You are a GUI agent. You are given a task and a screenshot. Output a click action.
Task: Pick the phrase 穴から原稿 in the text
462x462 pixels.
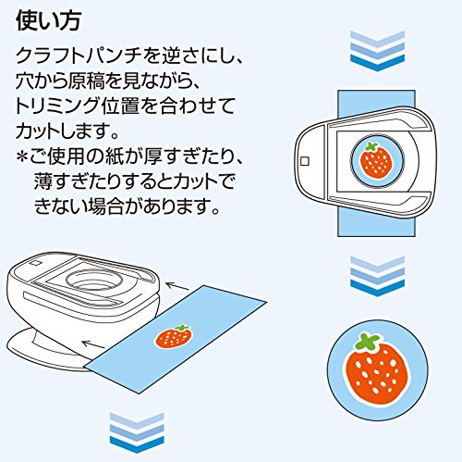pyautogui.click(x=64, y=81)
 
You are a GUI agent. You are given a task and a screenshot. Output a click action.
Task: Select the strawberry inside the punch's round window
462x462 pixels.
pyautogui.click(x=374, y=160)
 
